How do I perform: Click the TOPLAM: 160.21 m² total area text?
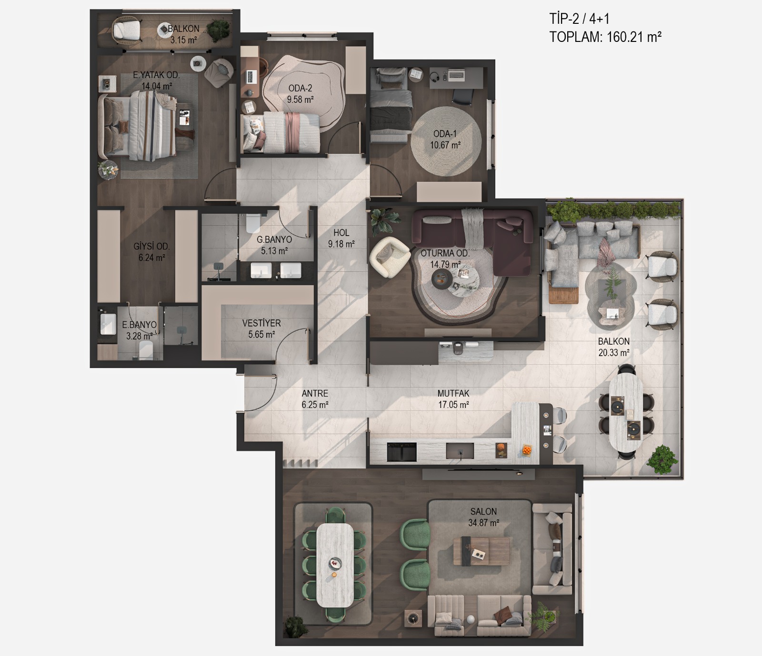coord(605,37)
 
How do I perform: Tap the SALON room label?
coord(483,512)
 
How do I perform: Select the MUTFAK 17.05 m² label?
coord(453,399)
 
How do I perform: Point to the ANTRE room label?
coord(315,394)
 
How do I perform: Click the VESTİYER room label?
coord(261,323)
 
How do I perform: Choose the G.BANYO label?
coord(274,240)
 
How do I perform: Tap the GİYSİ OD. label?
coord(151,247)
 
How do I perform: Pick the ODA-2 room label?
coord(300,88)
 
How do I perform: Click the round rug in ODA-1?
coord(446,141)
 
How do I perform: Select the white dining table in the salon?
coord(335,565)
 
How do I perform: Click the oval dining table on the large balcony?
coord(626,411)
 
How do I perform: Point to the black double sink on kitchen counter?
coord(401,452)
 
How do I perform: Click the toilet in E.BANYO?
coord(146,351)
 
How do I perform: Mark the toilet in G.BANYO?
coord(253,223)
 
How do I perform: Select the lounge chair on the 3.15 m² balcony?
coord(127,29)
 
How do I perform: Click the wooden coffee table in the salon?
coord(481,551)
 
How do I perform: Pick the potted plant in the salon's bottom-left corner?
coord(295,626)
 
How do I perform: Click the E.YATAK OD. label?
coord(156,75)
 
